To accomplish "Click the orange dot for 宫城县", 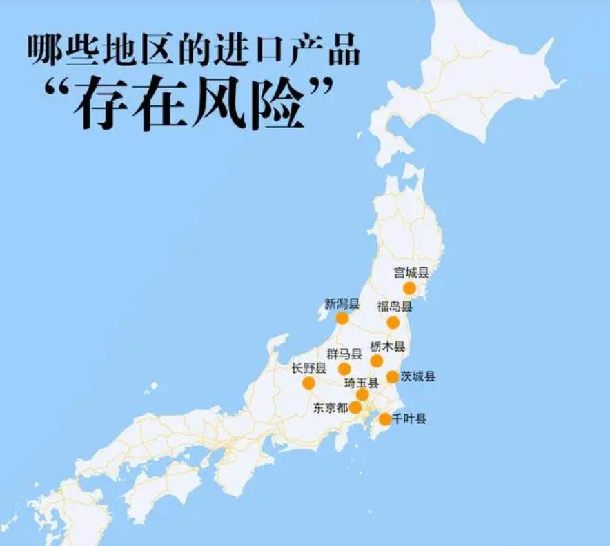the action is coord(409,287).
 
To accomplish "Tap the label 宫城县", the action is coord(411,272).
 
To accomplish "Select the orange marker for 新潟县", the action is coord(342,318).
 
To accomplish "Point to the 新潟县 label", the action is coord(342,303).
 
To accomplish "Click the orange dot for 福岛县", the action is coord(393,322).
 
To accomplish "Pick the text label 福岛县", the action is coord(394,307).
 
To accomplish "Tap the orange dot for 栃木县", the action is coord(377,361).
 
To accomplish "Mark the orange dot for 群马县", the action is coord(344,369).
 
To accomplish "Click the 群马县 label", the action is coord(344,354).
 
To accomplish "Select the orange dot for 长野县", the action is coord(308,383).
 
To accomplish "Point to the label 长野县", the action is coord(308,368).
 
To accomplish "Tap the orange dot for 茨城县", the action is coord(392,376).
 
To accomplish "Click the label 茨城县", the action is coord(418,376).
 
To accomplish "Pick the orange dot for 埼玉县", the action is coord(362,394).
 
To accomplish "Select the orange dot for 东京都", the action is coord(355,407).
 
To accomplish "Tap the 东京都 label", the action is coord(329,407).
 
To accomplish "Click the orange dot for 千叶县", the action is coord(384,418).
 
